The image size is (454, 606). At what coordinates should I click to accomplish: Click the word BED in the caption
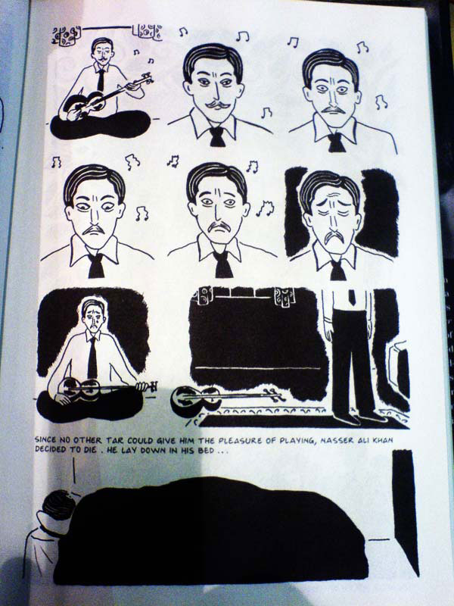tap(206, 450)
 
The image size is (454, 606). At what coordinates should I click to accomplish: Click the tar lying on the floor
tap(228, 399)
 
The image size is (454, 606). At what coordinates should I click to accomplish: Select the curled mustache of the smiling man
tap(218, 105)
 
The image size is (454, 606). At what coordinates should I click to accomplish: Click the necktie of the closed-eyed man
tap(337, 270)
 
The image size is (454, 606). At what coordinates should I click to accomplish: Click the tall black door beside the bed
tap(406, 510)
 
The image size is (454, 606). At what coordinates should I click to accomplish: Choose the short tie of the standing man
tap(352, 297)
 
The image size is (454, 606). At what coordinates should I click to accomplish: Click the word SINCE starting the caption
tap(45, 440)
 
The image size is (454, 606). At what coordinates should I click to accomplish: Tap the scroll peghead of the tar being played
tap(147, 80)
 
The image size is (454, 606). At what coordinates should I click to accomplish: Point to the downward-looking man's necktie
tap(96, 266)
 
